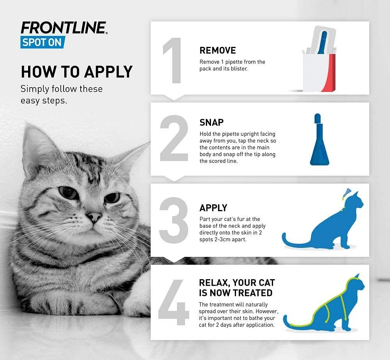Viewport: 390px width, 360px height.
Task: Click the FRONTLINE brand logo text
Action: pyautogui.click(x=64, y=28)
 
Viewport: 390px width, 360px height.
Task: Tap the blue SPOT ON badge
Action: pyautogui.click(x=43, y=42)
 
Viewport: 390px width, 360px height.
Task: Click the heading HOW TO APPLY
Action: pyautogui.click(x=76, y=72)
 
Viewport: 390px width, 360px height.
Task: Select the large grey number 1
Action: pyautogui.click(x=172, y=61)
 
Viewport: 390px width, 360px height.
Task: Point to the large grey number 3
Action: pyautogui.click(x=174, y=221)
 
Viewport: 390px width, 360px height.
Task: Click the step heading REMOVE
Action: pyautogui.click(x=218, y=50)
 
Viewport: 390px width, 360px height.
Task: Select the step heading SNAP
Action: pyautogui.click(x=211, y=122)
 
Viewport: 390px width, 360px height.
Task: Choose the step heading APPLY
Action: pyautogui.click(x=213, y=208)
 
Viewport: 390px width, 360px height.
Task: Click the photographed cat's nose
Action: pyautogui.click(x=94, y=216)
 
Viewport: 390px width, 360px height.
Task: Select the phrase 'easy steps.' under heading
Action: pyautogui.click(x=44, y=101)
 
